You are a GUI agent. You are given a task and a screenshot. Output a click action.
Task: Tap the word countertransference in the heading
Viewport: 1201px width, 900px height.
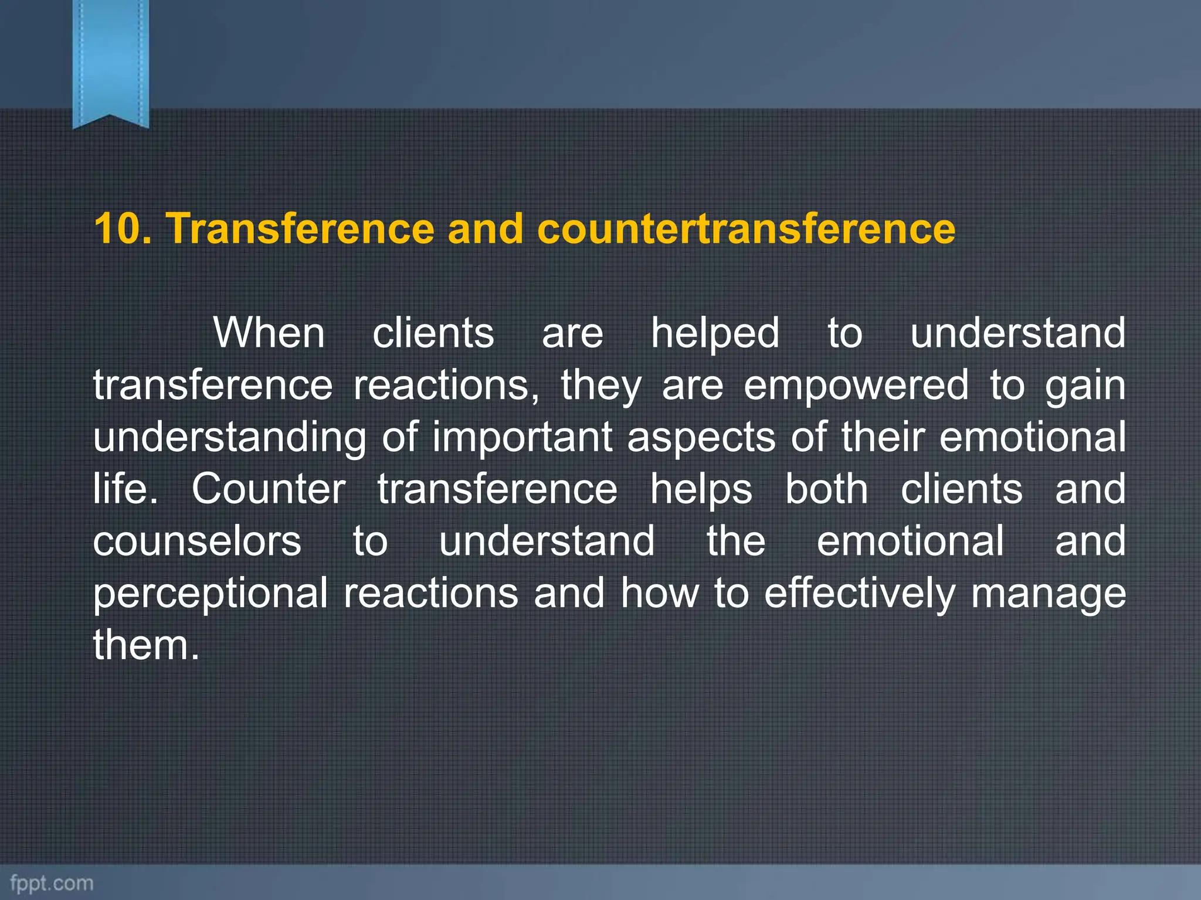(x=746, y=229)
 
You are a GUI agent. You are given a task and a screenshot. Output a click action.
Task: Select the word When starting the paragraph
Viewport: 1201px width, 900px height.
(x=269, y=333)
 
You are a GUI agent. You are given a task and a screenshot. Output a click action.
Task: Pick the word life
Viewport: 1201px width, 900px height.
(x=125, y=489)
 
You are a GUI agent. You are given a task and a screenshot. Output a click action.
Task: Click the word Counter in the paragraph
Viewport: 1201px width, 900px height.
(x=269, y=489)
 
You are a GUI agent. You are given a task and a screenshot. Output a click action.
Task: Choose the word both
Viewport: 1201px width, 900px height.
(x=826, y=489)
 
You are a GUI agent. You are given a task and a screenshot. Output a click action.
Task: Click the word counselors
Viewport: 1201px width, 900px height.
(x=197, y=541)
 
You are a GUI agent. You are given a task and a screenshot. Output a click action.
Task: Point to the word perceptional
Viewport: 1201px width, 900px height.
(x=211, y=594)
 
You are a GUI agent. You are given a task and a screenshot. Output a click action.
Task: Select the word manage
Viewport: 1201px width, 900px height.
(x=1048, y=594)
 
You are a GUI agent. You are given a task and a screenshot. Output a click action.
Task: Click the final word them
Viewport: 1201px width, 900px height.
(x=146, y=645)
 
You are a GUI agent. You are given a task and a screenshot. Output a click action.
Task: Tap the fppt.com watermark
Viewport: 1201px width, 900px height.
(x=52, y=882)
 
